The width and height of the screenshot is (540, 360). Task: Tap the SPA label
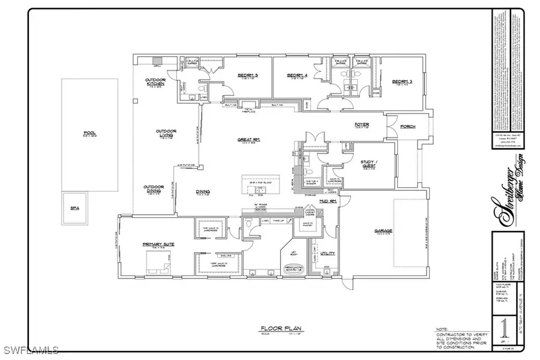[x=75, y=208]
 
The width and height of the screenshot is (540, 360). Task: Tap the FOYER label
[x=362, y=125]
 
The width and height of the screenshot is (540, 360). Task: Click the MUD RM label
[x=328, y=202]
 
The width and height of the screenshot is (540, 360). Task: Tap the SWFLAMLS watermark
[x=30, y=349]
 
